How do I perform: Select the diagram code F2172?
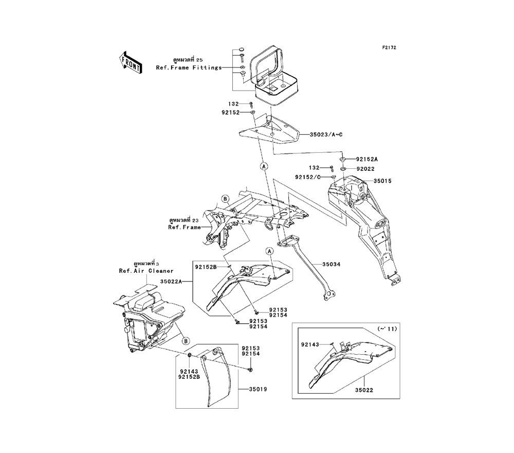point(389,48)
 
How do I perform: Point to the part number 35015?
point(382,181)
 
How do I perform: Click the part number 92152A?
point(366,159)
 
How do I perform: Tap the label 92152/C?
point(308,177)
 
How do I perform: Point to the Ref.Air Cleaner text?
point(146,270)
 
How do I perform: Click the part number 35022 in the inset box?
point(363,390)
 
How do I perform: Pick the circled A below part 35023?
point(264,166)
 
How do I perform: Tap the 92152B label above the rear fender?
point(205,267)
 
